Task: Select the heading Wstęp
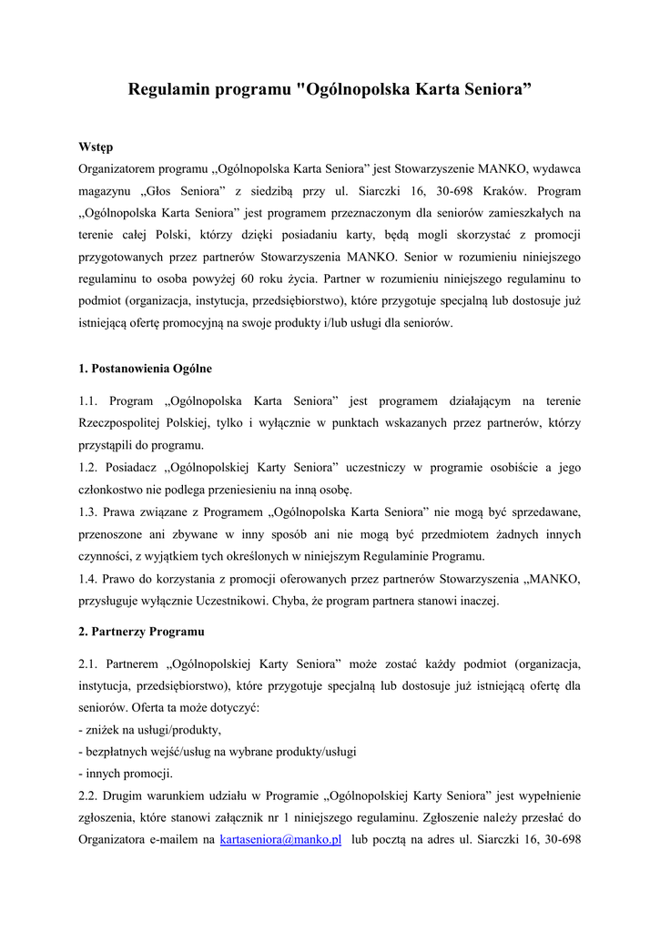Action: coord(96,147)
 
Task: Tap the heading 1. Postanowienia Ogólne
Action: coord(146,369)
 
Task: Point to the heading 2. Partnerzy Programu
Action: coord(141,631)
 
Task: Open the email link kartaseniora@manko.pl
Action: coord(280,839)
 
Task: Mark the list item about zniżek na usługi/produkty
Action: coord(150,730)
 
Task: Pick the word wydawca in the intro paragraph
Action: coord(555,169)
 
